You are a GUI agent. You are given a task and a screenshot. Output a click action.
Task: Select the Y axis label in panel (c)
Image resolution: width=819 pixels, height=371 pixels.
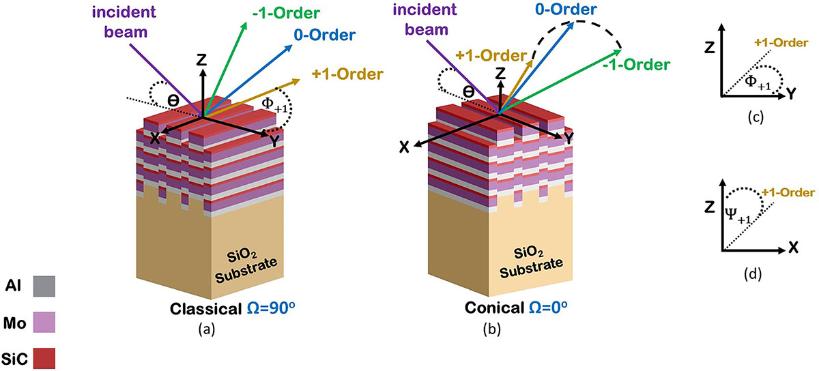point(792,95)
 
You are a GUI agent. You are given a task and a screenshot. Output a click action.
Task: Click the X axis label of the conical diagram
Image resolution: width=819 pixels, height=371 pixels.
point(404,147)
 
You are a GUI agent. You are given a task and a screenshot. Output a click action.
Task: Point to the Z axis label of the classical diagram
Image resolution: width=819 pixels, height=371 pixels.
point(201,61)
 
